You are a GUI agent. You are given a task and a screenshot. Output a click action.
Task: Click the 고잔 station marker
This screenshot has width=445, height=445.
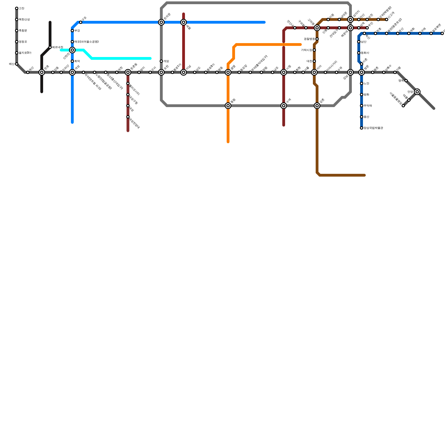[17, 8]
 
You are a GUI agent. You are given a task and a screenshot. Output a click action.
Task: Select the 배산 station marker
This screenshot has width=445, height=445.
[17, 64]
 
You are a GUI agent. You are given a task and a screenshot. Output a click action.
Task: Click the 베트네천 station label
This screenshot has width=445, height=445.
[58, 47]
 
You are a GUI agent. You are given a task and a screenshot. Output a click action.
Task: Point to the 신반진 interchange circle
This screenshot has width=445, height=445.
[72, 50]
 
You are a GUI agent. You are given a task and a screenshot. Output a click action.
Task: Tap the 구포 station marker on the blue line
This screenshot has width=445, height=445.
[81, 22]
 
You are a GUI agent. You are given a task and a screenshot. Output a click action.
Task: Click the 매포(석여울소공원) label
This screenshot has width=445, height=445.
[86, 42]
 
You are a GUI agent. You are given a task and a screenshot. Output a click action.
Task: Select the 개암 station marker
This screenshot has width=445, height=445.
[161, 61]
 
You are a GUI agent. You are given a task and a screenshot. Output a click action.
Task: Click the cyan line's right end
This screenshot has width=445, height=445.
[150, 58]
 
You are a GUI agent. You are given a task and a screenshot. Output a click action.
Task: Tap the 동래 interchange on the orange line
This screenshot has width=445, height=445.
[228, 106]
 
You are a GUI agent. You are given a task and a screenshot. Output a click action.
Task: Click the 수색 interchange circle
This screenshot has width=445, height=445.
[284, 106]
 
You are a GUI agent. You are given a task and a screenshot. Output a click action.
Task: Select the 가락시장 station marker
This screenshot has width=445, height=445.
[314, 50]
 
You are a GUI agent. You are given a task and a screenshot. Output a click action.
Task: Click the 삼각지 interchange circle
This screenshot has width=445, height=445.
[350, 19]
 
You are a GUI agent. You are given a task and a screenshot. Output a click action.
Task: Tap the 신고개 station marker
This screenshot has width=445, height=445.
[387, 19]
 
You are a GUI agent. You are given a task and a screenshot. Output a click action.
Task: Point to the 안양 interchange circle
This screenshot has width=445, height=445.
[417, 92]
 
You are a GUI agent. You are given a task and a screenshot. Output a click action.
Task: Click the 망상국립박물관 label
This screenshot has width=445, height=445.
[373, 128]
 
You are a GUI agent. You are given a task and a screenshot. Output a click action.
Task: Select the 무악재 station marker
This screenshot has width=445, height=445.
[362, 106]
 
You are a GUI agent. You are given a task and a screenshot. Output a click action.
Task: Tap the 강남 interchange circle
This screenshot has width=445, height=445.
[350, 72]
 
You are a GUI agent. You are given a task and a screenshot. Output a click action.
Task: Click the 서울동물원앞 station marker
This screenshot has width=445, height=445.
[403, 106]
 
